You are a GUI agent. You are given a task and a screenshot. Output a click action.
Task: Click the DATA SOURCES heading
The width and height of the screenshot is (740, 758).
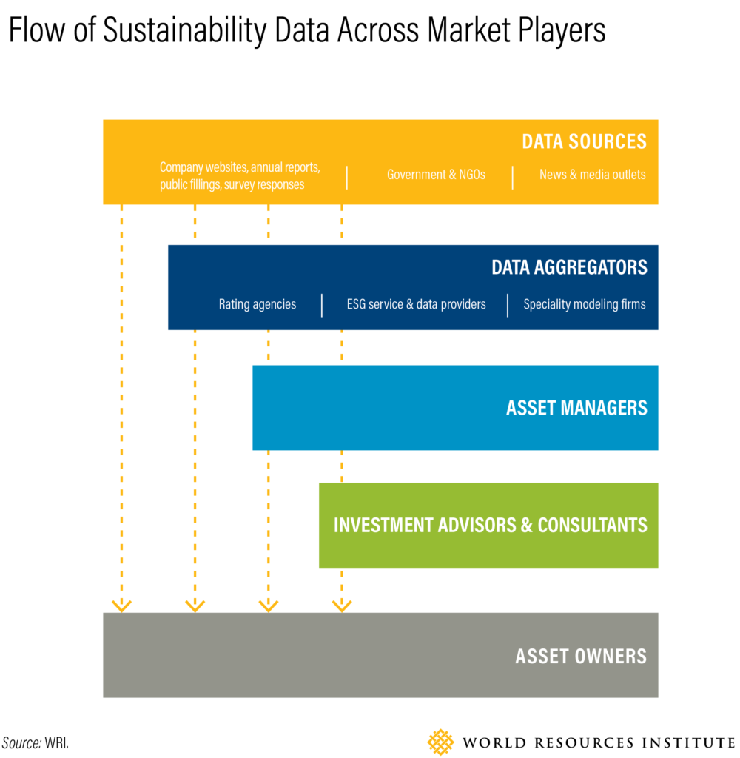[584, 141]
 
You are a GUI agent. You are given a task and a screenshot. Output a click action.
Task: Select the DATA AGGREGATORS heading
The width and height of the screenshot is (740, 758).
[569, 267]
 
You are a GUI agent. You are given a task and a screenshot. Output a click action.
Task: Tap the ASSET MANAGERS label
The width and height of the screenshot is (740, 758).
[576, 408]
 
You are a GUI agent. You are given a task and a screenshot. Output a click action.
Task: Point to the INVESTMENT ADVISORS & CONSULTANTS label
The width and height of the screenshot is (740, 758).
[491, 526]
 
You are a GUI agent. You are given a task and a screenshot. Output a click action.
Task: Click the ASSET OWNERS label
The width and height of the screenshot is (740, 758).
[581, 657]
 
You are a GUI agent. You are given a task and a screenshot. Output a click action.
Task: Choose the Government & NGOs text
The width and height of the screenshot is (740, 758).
[436, 175]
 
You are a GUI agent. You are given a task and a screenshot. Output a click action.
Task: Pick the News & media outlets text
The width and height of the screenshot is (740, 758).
[593, 175]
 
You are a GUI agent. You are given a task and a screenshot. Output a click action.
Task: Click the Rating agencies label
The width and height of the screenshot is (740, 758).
[258, 304]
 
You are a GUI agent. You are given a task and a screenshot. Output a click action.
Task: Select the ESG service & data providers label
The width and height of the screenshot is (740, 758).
[416, 304]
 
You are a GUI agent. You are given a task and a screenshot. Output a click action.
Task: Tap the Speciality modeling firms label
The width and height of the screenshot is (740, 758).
[585, 304]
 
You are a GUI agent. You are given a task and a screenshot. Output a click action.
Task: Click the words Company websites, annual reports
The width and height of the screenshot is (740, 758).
[240, 167]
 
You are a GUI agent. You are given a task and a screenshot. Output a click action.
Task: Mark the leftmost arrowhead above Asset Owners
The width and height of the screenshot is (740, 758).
[122, 606]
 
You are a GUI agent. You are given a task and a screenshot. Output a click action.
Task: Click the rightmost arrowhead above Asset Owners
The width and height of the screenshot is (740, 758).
[342, 606]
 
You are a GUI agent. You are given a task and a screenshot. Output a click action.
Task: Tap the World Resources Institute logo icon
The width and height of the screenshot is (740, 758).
[440, 742]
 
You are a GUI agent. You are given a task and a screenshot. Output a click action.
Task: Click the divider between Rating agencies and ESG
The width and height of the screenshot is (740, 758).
[322, 305]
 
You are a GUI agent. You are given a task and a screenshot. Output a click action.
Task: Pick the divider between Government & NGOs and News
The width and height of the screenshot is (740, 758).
[512, 178]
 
